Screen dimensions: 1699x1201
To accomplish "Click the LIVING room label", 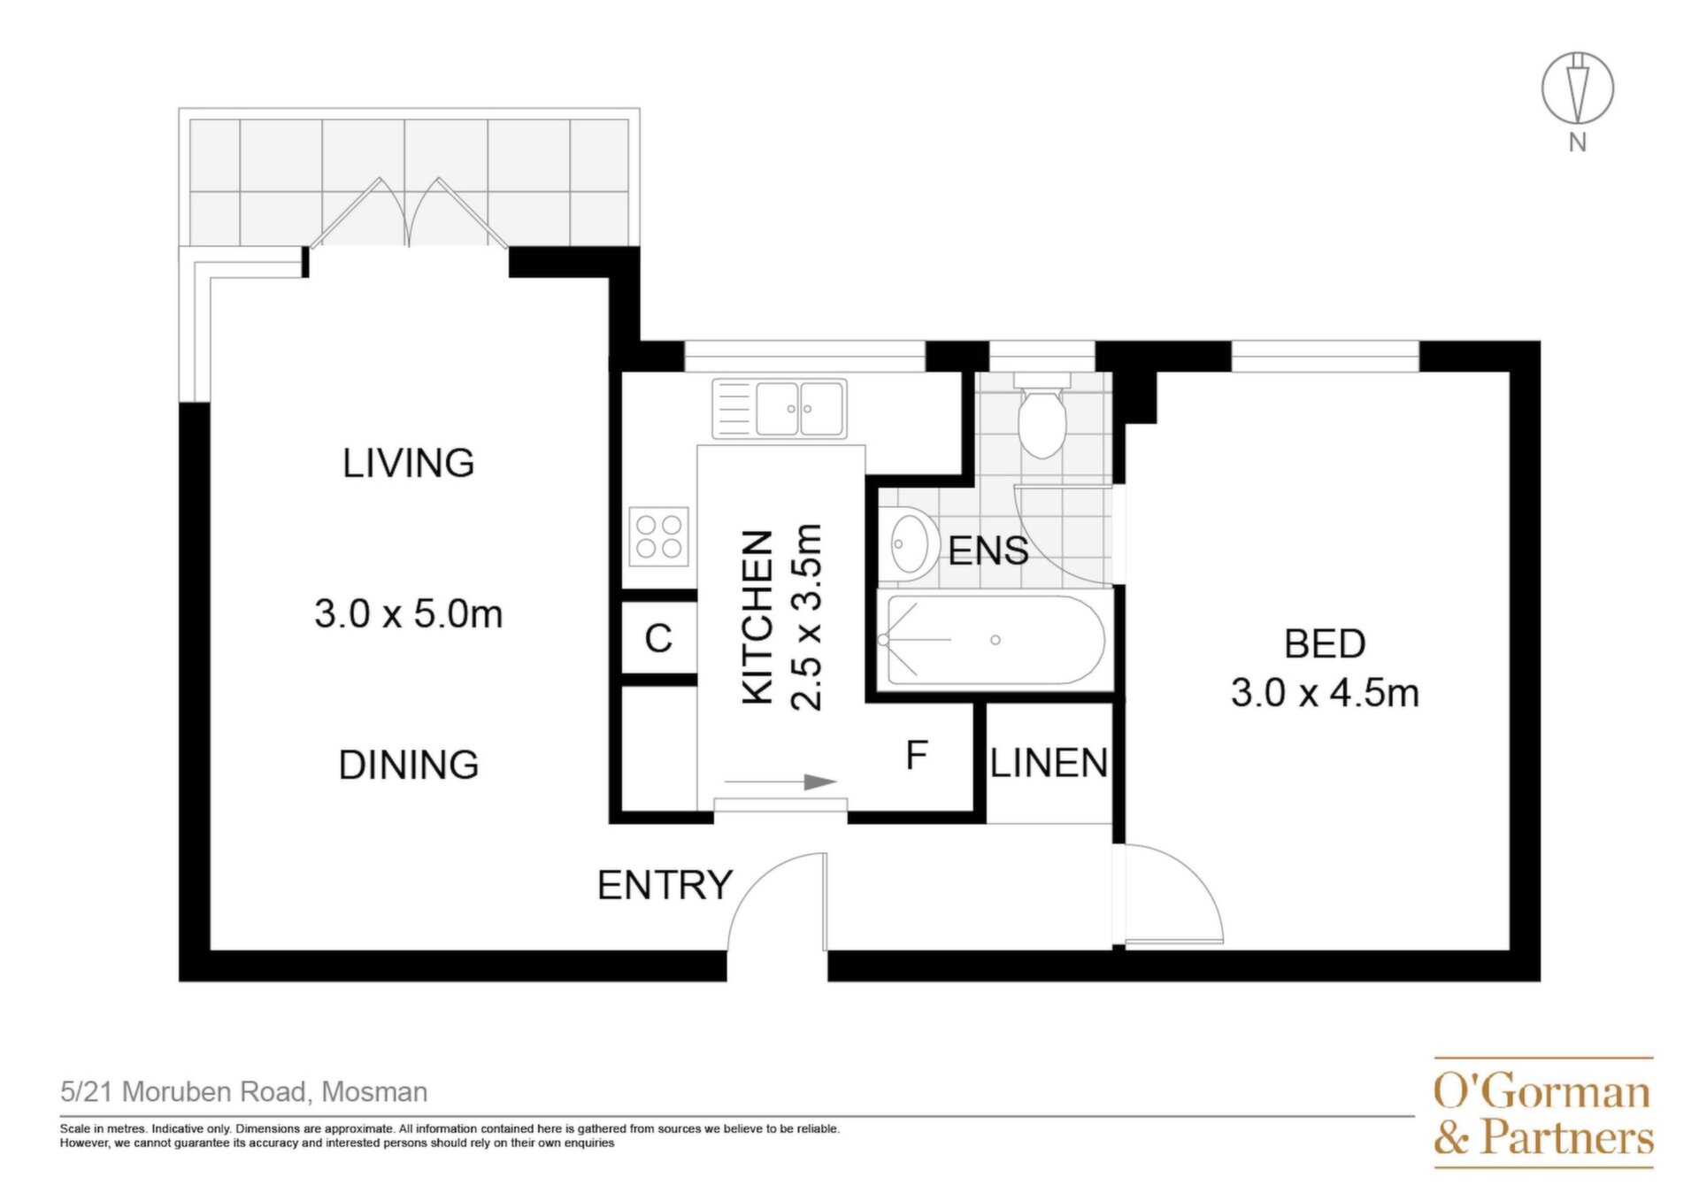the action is click(x=408, y=463).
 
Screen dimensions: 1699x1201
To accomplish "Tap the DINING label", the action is click(x=408, y=765).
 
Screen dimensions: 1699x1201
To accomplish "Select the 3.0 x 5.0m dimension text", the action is click(x=408, y=614).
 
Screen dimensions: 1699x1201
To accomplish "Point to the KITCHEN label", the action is click(x=757, y=617).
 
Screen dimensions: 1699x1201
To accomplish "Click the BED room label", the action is click(x=1325, y=644).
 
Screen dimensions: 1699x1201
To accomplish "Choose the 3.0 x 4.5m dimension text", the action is click(x=1325, y=693).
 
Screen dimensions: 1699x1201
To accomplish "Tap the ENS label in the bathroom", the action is click(x=988, y=550).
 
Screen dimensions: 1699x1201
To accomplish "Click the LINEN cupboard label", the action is click(x=1049, y=763).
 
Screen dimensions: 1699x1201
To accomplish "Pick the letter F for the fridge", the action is click(x=917, y=755).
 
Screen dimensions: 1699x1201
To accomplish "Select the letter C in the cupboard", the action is click(x=658, y=638).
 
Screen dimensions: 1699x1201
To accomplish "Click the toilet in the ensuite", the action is click(x=1042, y=415).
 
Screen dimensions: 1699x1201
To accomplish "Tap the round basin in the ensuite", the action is click(x=912, y=543).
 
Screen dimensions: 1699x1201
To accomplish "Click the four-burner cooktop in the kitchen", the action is click(x=658, y=536).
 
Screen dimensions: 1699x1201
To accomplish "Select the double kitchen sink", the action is click(x=780, y=409).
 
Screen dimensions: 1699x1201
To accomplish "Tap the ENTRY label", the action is click(x=665, y=885).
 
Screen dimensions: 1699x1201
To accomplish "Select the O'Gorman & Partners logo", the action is click(x=1543, y=1112).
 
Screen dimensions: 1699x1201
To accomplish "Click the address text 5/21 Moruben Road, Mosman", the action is click(x=244, y=1092).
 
